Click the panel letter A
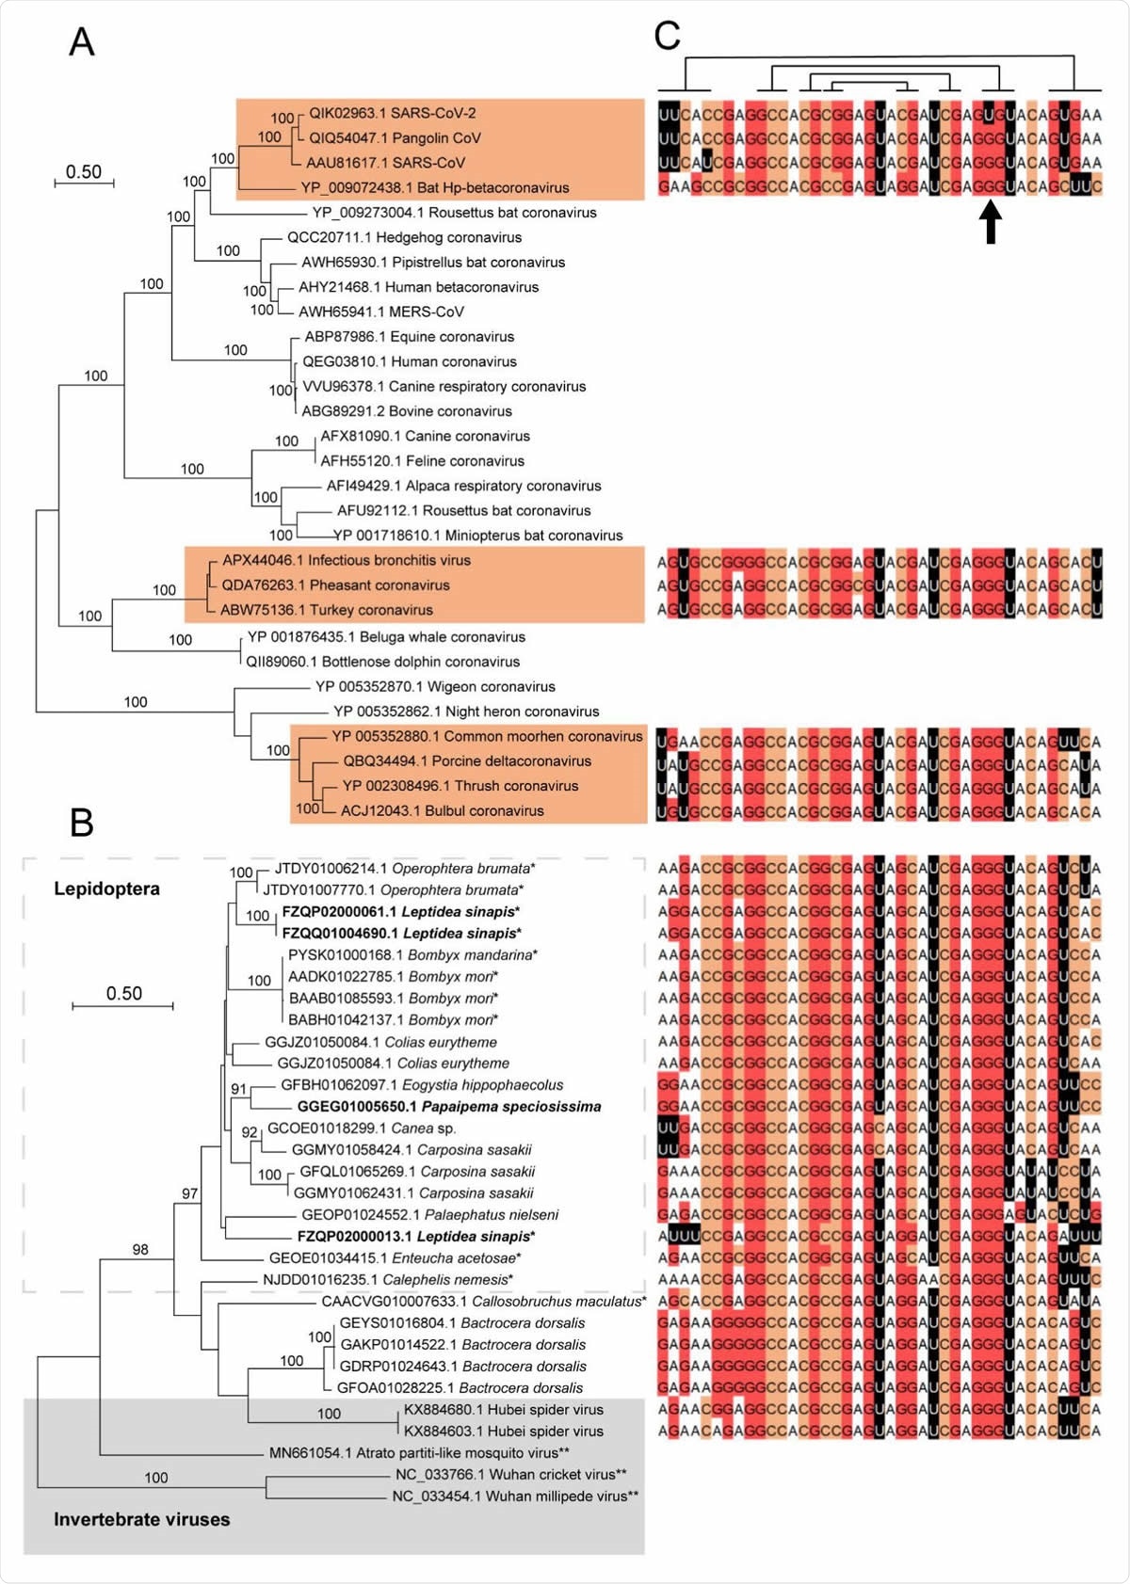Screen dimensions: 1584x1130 pyautogui.click(x=82, y=41)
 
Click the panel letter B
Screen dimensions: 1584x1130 pyautogui.click(x=82, y=823)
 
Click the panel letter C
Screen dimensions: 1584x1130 pyautogui.click(x=667, y=37)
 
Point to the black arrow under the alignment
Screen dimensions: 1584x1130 pyautogui.click(x=990, y=223)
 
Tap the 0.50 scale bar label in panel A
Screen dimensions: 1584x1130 pyautogui.click(x=84, y=171)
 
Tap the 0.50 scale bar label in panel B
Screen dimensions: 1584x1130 pyautogui.click(x=123, y=993)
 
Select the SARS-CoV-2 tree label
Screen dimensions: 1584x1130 pyautogui.click(x=392, y=113)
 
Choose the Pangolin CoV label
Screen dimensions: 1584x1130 pyautogui.click(x=395, y=137)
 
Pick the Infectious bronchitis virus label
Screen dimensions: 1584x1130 pyautogui.click(x=346, y=560)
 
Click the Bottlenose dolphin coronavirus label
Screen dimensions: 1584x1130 pyautogui.click(x=382, y=662)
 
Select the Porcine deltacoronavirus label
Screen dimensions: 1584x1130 pyautogui.click(x=467, y=761)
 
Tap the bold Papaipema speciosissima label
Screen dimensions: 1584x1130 pyautogui.click(x=448, y=1107)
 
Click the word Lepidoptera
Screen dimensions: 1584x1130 pyautogui.click(x=106, y=888)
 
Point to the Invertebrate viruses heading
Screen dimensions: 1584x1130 pyautogui.click(x=141, y=1519)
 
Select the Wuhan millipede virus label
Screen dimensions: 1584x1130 pyautogui.click(x=515, y=1496)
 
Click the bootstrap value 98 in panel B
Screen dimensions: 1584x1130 pyautogui.click(x=140, y=1250)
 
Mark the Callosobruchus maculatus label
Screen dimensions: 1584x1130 pyautogui.click(x=483, y=1302)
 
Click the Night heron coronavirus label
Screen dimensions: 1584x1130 pyautogui.click(x=466, y=712)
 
